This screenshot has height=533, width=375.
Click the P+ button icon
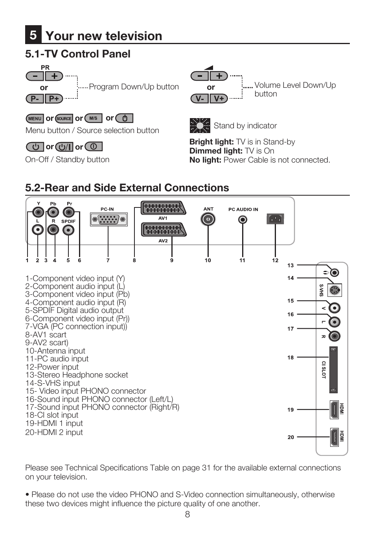pyautogui.click(x=54, y=98)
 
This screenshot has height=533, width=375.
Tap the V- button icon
pyautogui.click(x=200, y=98)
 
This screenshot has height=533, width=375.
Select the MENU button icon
pyautogui.click(x=35, y=118)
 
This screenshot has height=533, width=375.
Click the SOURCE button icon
pyautogui.click(x=64, y=118)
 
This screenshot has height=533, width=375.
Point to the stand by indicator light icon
pyautogui.click(x=200, y=126)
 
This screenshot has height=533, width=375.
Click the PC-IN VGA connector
pyautogui.click(x=108, y=219)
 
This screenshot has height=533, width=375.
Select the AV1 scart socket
pyautogui.click(x=163, y=208)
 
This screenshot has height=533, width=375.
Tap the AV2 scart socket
pyautogui.click(x=163, y=229)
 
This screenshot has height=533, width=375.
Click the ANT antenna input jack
pyautogui.click(x=208, y=219)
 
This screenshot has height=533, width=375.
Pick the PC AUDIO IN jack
pyautogui.click(x=243, y=219)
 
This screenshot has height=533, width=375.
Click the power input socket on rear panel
pyautogui.click(x=275, y=219)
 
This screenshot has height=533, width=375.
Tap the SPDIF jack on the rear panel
pyautogui.click(x=68, y=230)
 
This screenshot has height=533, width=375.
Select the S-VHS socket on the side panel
pyautogui.click(x=334, y=291)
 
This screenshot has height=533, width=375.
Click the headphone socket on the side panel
pyautogui.click(x=334, y=272)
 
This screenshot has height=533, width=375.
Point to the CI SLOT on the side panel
pyautogui.click(x=333, y=370)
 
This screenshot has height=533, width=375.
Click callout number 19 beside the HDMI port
pyautogui.click(x=290, y=410)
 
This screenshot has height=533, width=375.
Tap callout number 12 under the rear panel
pyautogui.click(x=275, y=261)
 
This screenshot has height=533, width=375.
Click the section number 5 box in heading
pyautogui.click(x=33, y=35)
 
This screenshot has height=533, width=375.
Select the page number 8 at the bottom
pyautogui.click(x=187, y=514)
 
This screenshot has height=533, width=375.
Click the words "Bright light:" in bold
pyautogui.click(x=211, y=142)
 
